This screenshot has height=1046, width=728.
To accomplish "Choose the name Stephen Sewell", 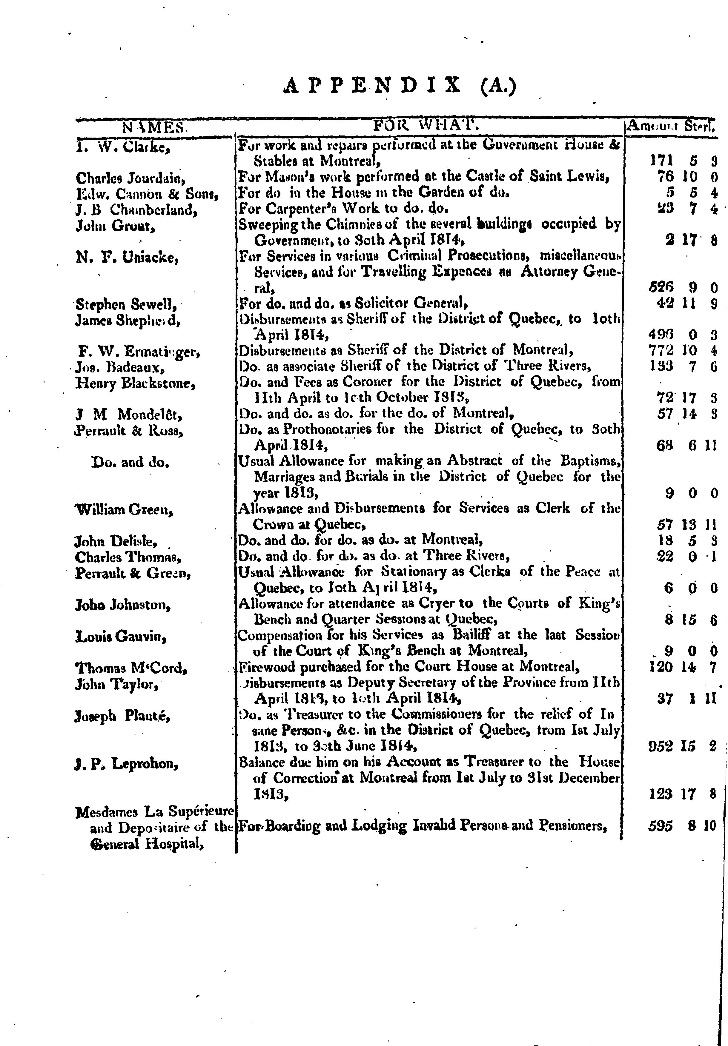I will tap(126, 304).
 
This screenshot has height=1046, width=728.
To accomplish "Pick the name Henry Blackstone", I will tap(135, 383).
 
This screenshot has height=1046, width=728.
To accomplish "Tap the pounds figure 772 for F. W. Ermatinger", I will tap(660, 351).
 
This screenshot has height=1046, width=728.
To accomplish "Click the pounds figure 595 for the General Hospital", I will tap(660, 825).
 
